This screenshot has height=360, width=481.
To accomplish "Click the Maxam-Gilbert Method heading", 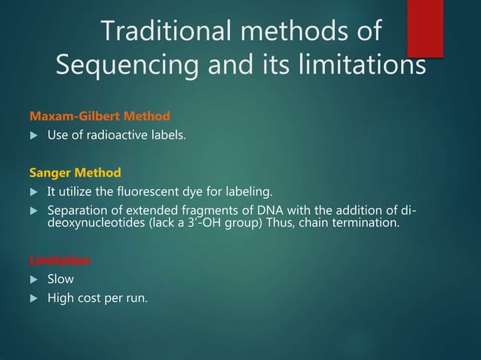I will [x=99, y=117].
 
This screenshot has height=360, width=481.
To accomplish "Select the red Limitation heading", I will [x=60, y=261].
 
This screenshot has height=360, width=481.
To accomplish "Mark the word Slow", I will [x=60, y=279].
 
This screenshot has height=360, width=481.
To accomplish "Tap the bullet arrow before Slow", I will [x=32, y=280].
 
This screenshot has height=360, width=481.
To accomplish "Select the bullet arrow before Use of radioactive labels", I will [x=32, y=136].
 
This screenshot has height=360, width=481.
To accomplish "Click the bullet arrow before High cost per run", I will [x=32, y=299].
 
